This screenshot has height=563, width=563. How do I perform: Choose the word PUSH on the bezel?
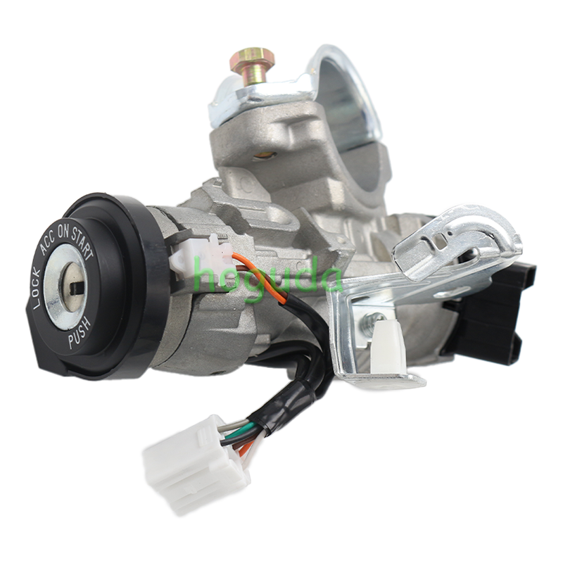[80, 334]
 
